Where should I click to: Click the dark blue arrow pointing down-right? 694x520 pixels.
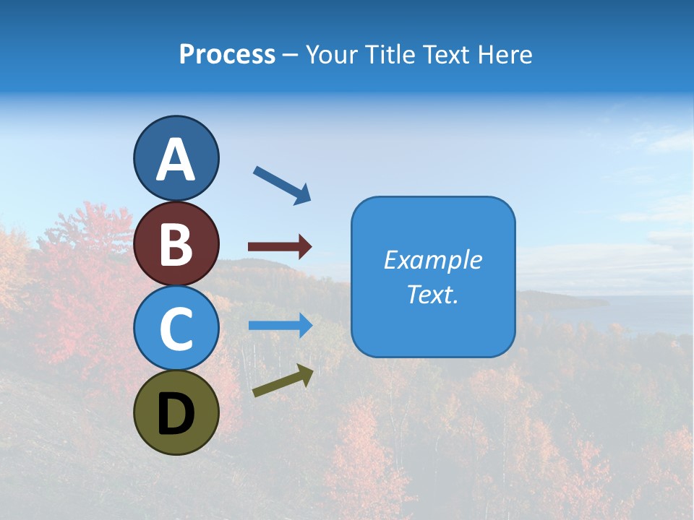[x=282, y=185]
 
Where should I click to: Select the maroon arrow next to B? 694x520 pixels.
[x=280, y=247]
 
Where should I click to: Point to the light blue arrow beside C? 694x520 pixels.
[x=280, y=325]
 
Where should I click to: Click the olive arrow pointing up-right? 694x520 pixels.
[x=283, y=381]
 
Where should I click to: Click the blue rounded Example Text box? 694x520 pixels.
[x=433, y=277]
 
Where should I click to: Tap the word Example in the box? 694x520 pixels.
[x=433, y=260]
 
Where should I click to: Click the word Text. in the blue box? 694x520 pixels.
[x=433, y=295]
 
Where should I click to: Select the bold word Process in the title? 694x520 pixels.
[x=227, y=55]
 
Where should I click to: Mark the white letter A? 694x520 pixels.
[x=176, y=160]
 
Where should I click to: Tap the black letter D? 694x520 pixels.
[x=176, y=414]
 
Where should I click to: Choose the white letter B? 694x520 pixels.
[x=176, y=245]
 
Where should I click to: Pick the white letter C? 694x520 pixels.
[x=176, y=329]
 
